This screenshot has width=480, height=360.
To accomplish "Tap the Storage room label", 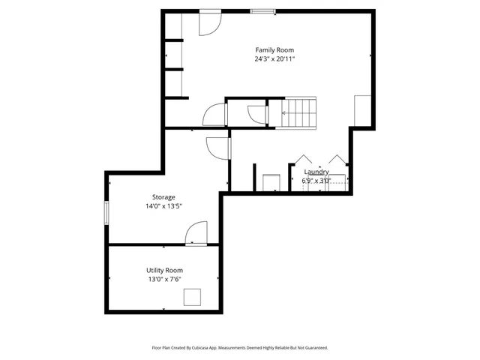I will click(x=163, y=197).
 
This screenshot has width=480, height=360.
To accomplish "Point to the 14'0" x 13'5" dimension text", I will click(x=163, y=206).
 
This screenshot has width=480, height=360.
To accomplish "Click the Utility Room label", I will click(x=164, y=270).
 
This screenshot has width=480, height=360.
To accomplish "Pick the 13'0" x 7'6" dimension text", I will click(x=164, y=279).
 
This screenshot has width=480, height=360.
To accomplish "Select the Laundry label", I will click(x=316, y=172).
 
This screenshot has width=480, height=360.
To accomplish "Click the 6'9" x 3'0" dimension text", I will click(x=316, y=181).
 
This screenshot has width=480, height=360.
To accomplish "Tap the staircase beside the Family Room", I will click(x=299, y=112).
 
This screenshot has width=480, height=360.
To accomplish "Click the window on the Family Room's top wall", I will click(x=262, y=10).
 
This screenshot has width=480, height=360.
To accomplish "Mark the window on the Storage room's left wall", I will click(x=106, y=211).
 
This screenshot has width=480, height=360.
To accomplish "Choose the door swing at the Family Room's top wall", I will click(x=208, y=23).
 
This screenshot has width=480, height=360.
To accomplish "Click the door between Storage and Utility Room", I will click(x=196, y=233).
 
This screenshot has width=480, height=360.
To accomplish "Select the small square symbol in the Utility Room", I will click(x=193, y=298).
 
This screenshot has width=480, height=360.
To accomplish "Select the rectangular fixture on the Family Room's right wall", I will click(x=362, y=110).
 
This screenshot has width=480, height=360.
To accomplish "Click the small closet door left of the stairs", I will click(x=257, y=115).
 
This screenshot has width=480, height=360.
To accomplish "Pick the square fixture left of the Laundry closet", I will click(x=270, y=183).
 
